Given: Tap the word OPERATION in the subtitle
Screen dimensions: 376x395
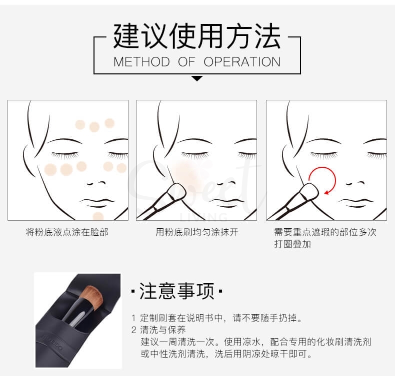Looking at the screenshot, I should (242, 62).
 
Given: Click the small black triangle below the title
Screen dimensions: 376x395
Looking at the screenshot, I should (197, 78).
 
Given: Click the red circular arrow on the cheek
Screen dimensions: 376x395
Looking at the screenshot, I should (320, 180).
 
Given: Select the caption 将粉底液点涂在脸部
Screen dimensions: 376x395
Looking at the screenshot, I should (67, 232).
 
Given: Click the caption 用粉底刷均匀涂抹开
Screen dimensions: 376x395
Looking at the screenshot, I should (196, 232).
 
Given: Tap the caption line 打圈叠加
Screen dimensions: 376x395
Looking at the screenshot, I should (292, 245).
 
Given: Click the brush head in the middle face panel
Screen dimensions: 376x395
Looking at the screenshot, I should (174, 193).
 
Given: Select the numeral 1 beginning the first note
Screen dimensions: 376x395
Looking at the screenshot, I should (133, 318).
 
